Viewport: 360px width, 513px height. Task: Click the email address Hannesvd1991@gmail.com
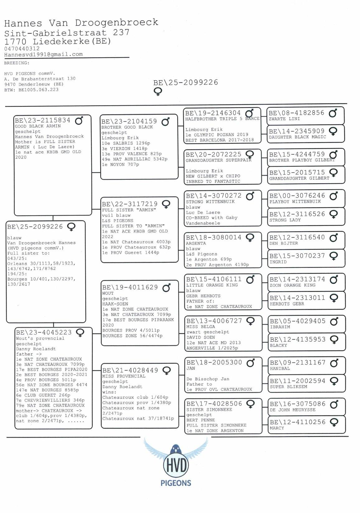click(x=44, y=54)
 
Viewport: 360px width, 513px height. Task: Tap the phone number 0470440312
click(x=22, y=49)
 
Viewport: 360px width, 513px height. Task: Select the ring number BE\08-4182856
click(x=296, y=113)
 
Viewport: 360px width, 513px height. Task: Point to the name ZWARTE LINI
click(x=284, y=119)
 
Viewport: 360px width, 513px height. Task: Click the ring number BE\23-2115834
click(x=43, y=120)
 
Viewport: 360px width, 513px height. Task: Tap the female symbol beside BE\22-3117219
click(x=167, y=204)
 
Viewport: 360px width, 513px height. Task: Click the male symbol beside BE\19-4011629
click(x=167, y=288)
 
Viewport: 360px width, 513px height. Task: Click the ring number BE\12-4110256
click(x=297, y=422)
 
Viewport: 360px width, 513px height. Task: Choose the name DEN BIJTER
click(x=284, y=243)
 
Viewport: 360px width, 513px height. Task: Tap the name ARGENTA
click(x=196, y=243)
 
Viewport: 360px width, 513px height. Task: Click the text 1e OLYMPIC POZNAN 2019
click(x=217, y=135)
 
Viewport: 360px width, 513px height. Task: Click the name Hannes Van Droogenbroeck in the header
click(x=81, y=23)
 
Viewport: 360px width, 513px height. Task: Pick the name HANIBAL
click(x=280, y=368)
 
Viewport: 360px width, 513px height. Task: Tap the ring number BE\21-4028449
click(x=130, y=370)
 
